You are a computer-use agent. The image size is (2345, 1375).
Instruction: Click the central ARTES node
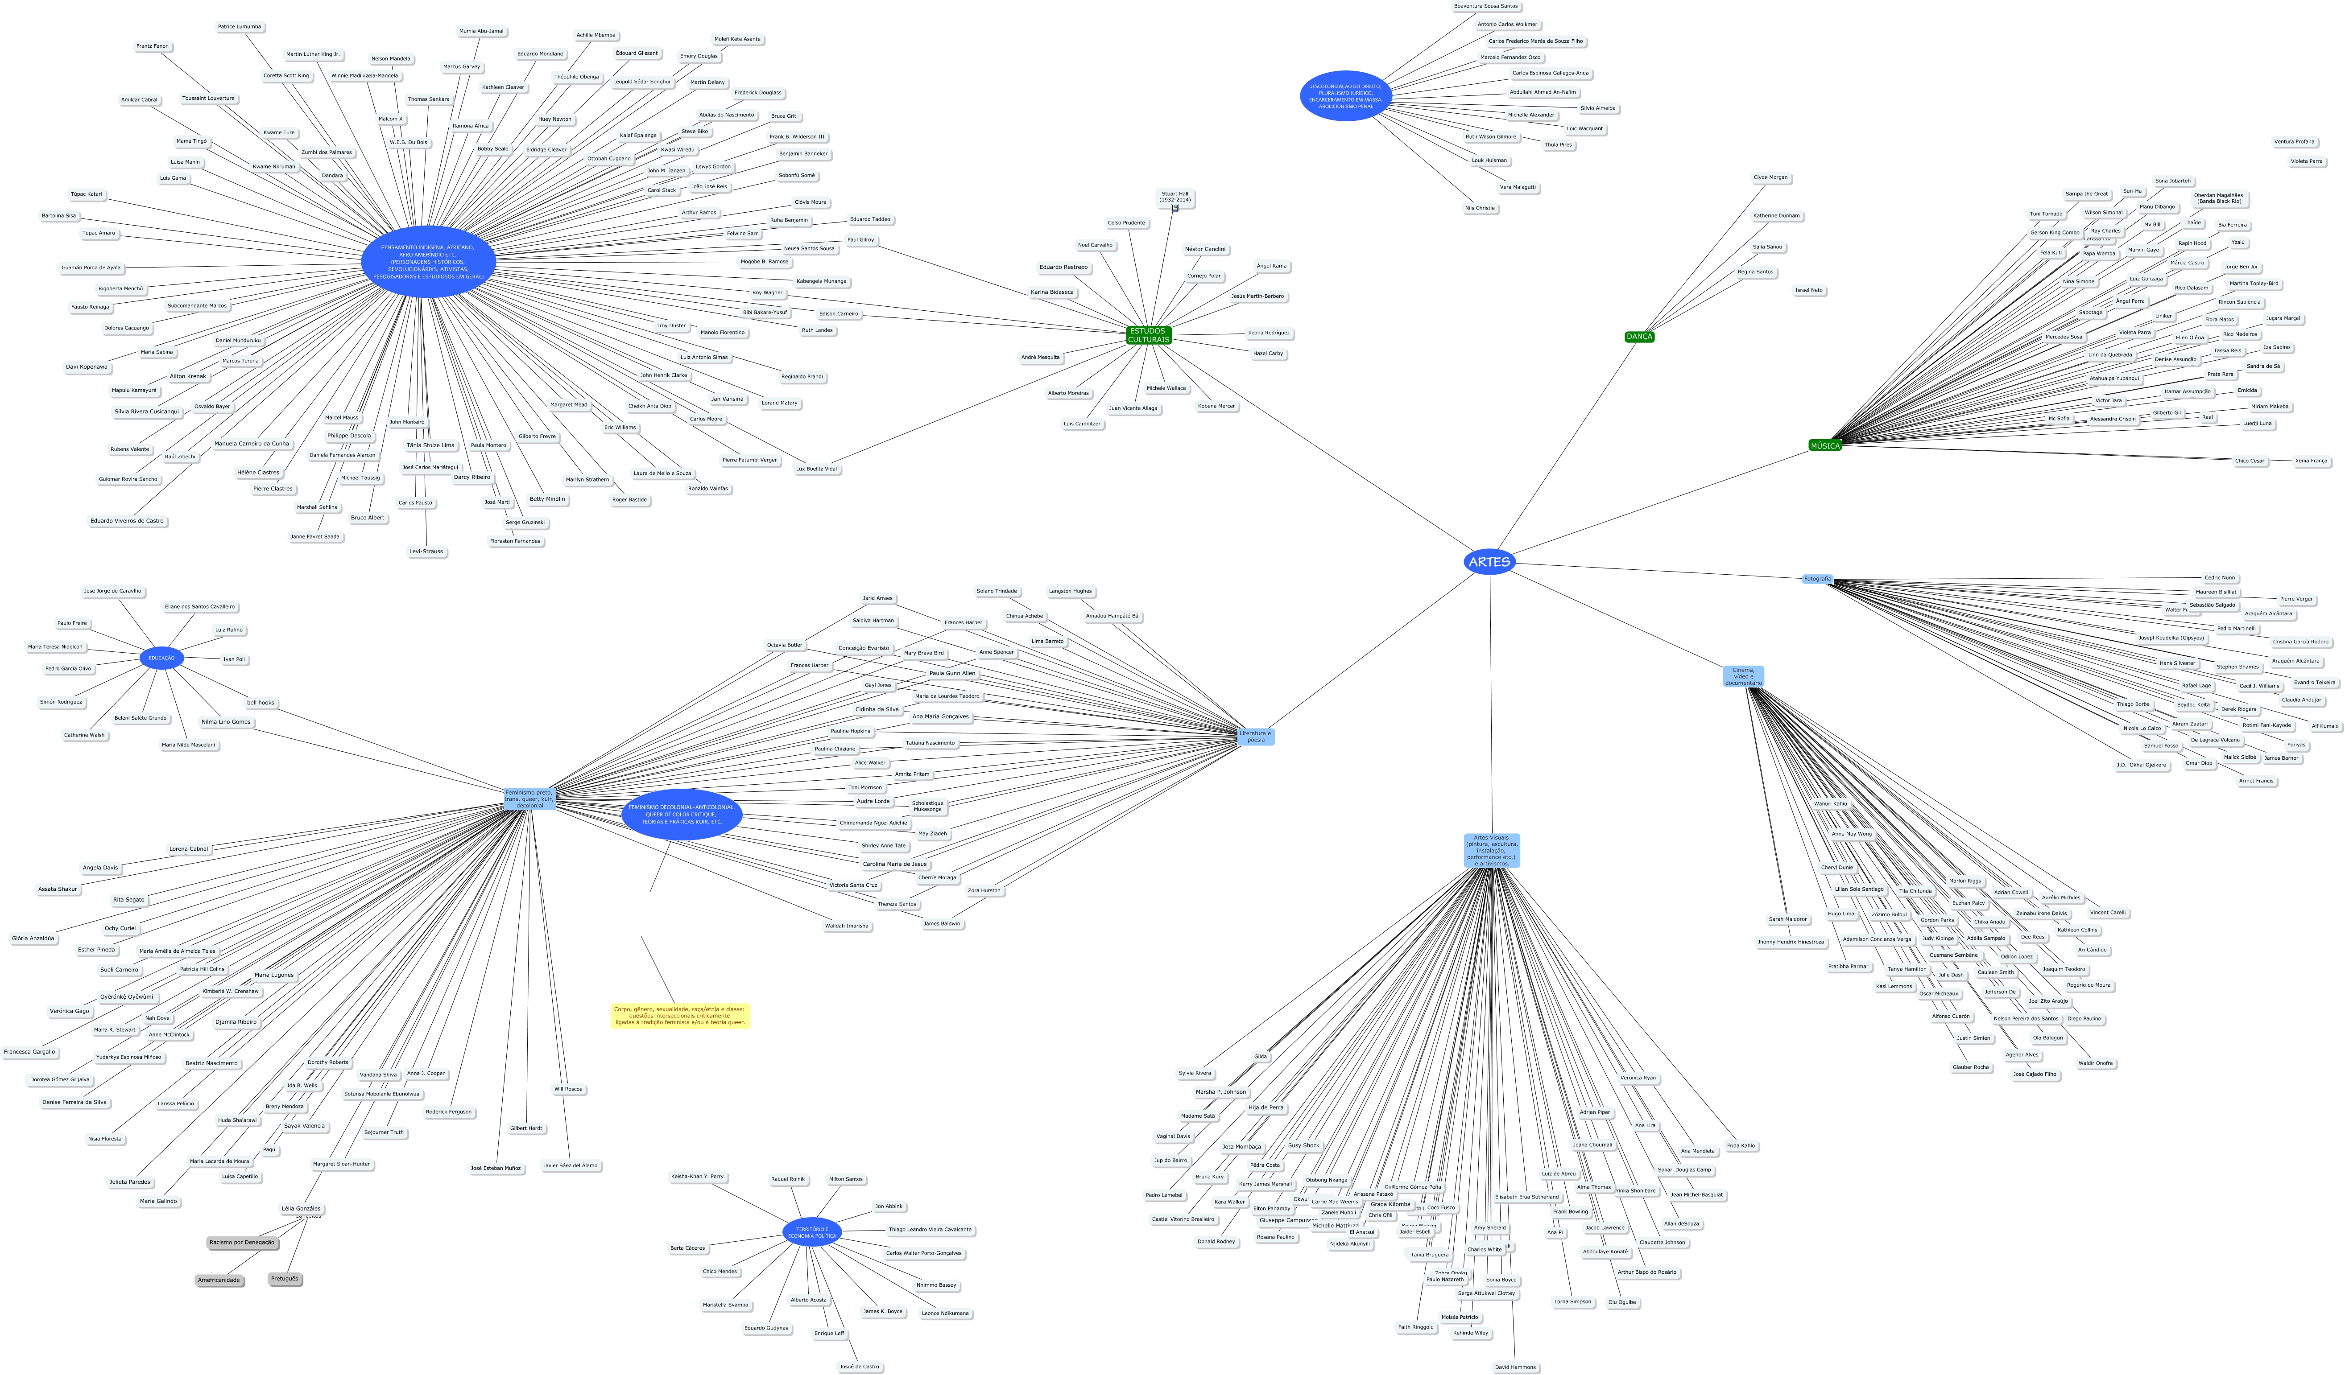[1489, 562]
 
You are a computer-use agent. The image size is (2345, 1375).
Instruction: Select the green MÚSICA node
[1825, 445]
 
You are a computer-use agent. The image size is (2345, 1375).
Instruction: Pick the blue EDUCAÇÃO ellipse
[162, 658]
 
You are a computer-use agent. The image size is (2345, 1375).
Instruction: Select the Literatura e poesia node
[1255, 736]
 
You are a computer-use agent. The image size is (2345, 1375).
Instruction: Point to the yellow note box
[680, 1015]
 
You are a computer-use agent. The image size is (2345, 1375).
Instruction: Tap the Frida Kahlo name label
[1740, 1145]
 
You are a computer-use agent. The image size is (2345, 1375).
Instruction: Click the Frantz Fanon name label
[153, 46]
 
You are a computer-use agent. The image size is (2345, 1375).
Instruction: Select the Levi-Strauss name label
[426, 552]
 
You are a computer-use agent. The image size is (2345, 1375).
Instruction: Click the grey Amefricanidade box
[219, 1280]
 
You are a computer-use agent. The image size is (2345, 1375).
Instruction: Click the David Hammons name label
[1515, 1367]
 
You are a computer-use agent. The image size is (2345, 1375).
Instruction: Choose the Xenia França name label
[2311, 461]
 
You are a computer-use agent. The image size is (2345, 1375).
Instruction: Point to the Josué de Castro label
[859, 1367]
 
